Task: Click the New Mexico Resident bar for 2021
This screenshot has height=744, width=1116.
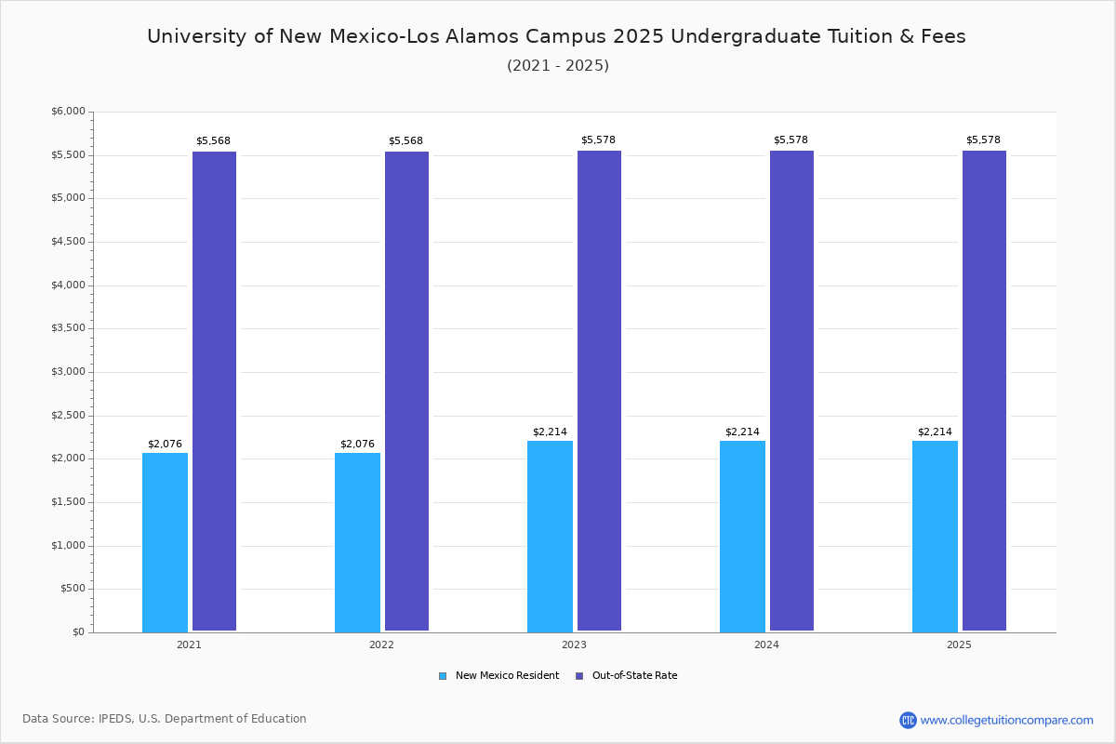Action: click(165, 542)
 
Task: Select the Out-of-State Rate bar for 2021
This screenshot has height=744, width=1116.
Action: click(214, 392)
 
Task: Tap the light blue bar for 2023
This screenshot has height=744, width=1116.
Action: click(550, 537)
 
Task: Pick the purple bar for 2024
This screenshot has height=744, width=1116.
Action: click(791, 391)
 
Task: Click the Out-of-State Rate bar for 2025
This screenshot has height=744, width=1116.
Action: click(984, 391)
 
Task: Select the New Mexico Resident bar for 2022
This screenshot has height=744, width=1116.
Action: click(357, 542)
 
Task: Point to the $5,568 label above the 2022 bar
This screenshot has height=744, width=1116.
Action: click(405, 141)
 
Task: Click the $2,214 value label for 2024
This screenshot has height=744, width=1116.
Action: click(742, 432)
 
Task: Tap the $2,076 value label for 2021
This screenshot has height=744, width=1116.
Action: click(165, 444)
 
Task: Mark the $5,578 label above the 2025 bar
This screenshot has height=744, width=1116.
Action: click(983, 140)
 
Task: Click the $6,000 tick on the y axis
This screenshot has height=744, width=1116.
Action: click(68, 111)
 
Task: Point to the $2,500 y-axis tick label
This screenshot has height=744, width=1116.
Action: click(68, 416)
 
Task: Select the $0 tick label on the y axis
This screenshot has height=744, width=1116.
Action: click(79, 632)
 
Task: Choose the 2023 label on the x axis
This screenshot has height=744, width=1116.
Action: click(574, 644)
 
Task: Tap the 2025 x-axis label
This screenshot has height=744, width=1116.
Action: click(959, 644)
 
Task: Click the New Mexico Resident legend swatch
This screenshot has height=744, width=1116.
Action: click(443, 676)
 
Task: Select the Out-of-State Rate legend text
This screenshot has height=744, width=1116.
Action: click(634, 676)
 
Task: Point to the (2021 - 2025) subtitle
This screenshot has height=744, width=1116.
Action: click(558, 66)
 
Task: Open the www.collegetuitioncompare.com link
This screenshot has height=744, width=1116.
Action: click(1006, 720)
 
